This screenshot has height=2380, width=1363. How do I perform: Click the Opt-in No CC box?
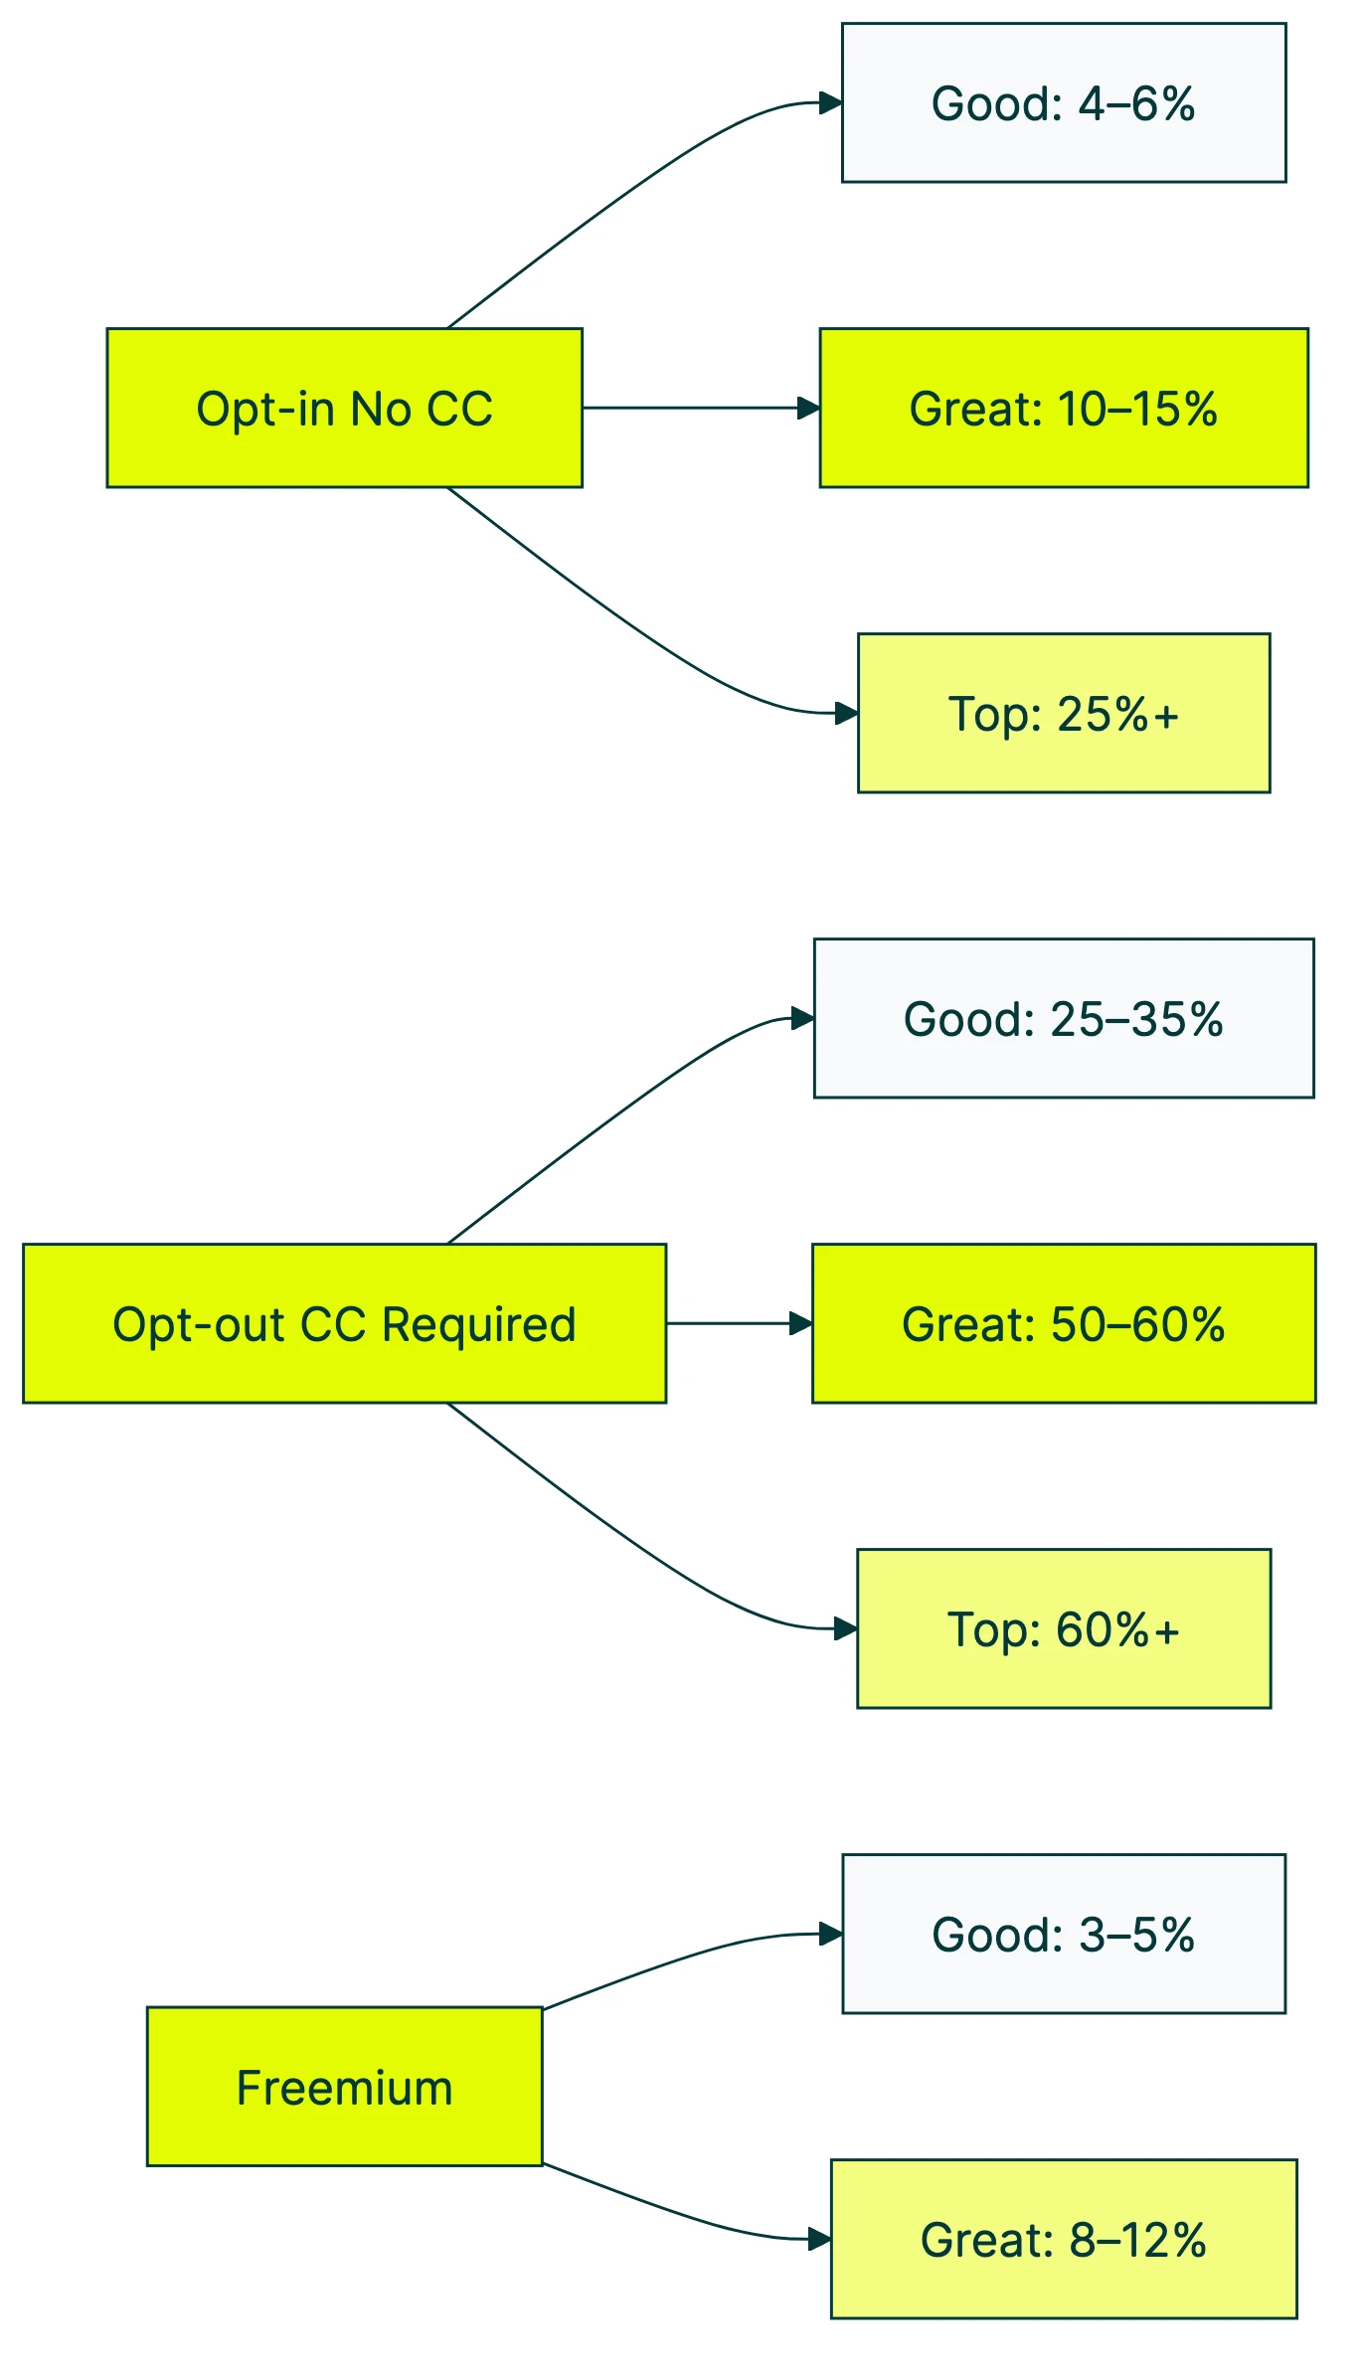344,408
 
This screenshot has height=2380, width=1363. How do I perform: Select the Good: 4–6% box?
1063,102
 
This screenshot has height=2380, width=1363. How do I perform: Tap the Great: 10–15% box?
1063,408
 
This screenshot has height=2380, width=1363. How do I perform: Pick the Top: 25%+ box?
1063,713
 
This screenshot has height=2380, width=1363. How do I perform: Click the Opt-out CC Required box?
344,1323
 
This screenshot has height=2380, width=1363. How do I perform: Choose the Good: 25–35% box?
1063,1018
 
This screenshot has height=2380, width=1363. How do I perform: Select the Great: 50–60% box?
1063,1323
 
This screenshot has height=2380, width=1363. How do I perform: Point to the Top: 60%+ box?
1063,1628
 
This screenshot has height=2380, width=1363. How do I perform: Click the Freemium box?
344,2087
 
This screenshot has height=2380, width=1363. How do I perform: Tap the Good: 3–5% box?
1063,1934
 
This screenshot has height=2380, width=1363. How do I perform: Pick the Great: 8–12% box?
1063,2239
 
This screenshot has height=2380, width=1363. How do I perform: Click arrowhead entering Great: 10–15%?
809,408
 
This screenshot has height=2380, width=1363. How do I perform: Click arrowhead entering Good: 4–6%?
831,102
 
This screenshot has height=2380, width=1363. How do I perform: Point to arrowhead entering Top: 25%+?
847,713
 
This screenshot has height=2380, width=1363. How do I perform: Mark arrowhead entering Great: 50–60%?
801,1323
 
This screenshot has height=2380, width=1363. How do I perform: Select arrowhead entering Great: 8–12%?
820,2239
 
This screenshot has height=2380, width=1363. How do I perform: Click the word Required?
478,1324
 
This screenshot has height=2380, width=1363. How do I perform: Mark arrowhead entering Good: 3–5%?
831,1934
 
